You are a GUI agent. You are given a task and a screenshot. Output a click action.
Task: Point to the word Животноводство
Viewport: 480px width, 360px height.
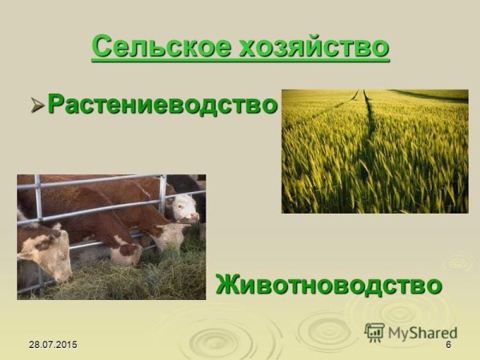pos(330,283)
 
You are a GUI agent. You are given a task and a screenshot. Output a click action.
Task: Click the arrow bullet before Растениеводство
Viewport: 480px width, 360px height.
pos(38,104)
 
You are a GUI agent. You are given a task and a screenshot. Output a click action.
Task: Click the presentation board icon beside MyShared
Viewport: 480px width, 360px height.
pos(374,331)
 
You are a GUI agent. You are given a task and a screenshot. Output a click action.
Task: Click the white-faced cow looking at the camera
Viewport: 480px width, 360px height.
pos(186,208)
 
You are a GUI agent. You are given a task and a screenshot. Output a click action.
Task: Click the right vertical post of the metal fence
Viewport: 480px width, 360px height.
pos(163,204)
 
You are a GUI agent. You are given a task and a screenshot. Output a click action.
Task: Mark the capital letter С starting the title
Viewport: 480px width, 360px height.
pos(101,46)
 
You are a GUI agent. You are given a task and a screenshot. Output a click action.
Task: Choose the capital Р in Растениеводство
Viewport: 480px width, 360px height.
pos(56,104)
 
